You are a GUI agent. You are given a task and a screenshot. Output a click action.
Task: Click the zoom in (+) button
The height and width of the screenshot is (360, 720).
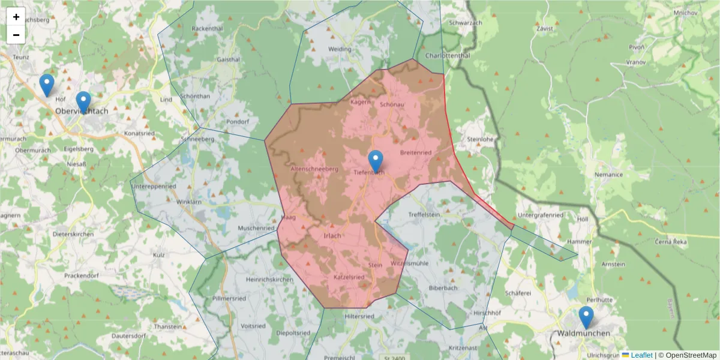click(x=16, y=17)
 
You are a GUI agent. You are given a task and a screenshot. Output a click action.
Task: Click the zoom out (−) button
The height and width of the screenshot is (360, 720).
click(x=16, y=35)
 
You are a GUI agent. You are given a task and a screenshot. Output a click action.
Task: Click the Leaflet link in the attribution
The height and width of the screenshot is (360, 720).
click(x=641, y=355)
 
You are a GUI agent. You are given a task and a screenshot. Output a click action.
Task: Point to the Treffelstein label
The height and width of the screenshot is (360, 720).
click(x=425, y=214)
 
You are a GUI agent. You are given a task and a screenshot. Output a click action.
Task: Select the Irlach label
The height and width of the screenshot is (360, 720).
click(x=332, y=236)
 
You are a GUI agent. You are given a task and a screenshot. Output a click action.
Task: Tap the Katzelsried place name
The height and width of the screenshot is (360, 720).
click(x=349, y=277)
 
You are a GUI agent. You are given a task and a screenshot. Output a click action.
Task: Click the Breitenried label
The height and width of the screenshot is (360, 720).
click(x=415, y=152)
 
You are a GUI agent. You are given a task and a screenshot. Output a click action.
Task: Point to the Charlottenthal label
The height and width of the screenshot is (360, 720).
click(x=447, y=56)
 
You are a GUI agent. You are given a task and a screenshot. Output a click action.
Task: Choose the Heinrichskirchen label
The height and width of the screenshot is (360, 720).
click(x=269, y=280)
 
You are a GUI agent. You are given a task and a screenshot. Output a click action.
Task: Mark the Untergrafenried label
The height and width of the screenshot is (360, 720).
click(x=540, y=215)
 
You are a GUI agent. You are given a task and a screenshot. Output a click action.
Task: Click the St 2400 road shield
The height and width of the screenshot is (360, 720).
click(x=393, y=358)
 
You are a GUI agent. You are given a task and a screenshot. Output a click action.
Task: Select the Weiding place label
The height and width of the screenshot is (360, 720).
click(x=340, y=49)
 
